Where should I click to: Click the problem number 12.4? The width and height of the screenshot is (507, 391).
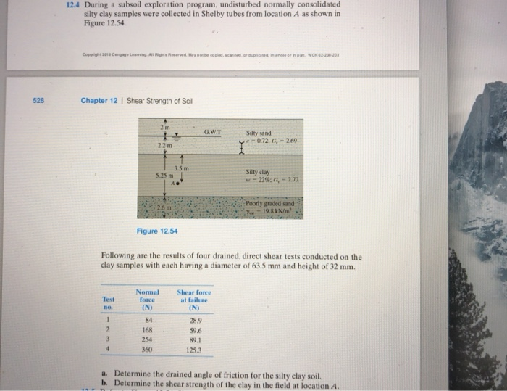[x=72, y=4]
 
